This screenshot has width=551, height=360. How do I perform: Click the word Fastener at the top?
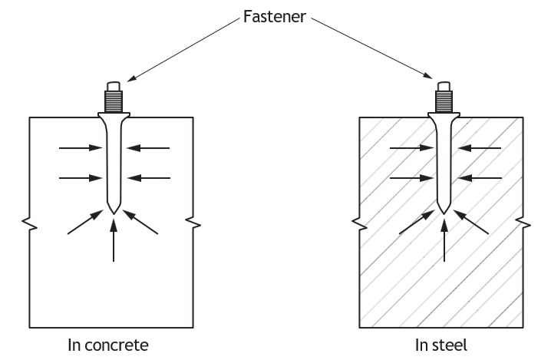[x=275, y=17]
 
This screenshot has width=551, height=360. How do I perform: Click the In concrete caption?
[x=108, y=345]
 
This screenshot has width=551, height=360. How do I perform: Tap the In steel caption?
[x=441, y=345]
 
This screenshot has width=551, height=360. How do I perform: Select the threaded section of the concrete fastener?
[x=114, y=101]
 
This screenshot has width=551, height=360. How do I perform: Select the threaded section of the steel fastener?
[x=444, y=101]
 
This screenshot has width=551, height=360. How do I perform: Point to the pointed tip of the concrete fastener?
[x=113, y=213]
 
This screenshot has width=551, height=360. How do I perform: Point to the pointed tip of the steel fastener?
[x=444, y=213]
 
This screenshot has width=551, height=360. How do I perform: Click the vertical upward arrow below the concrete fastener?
[x=113, y=240]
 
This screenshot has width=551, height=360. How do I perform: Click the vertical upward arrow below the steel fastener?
[x=444, y=240]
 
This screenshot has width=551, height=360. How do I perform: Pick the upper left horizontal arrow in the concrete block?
[x=81, y=148]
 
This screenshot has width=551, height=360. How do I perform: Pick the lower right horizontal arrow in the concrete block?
[x=149, y=178]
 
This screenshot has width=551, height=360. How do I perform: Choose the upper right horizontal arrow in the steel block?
[x=480, y=148]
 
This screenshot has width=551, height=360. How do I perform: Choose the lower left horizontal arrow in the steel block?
[x=411, y=178]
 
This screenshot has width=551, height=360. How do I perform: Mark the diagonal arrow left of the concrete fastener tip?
[x=85, y=222]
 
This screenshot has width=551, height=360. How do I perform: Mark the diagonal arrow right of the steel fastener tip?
[x=471, y=222]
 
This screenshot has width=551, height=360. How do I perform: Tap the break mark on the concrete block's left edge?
[x=29, y=224]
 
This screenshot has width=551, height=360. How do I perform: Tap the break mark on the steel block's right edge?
[x=523, y=224]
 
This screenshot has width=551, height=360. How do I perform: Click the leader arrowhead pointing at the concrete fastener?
[x=130, y=79]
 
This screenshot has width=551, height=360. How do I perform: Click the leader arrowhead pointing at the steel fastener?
[x=428, y=76]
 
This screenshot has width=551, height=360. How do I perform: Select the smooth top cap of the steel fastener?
[x=444, y=87]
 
